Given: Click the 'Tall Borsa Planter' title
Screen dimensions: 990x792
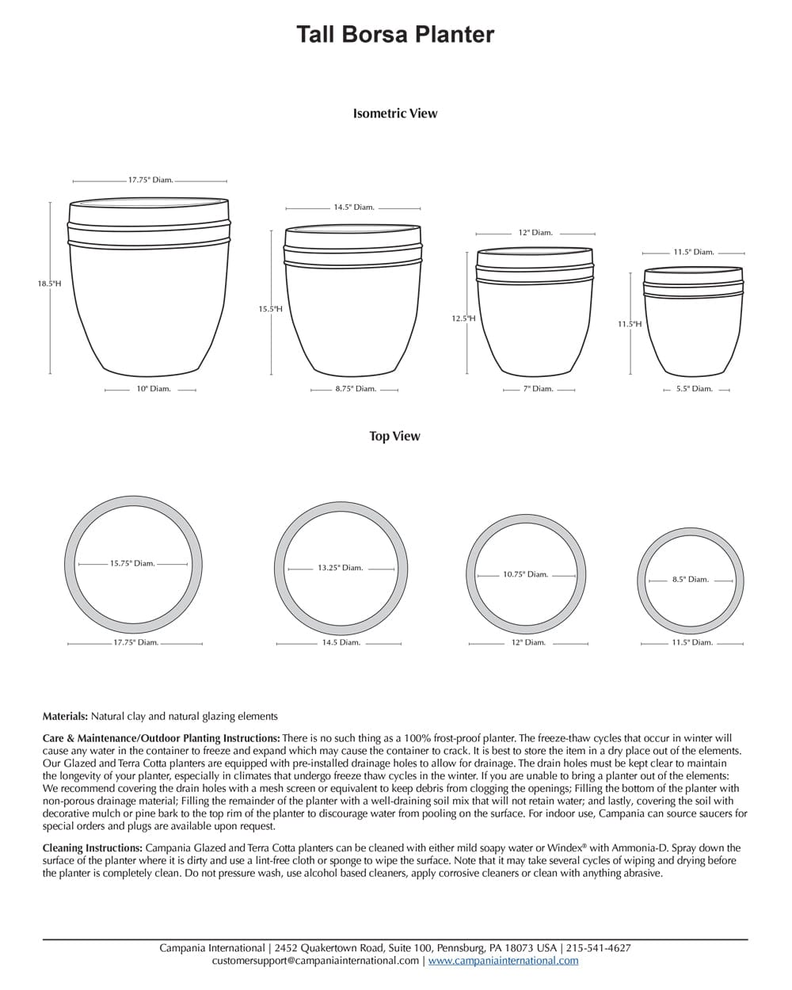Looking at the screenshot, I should (x=395, y=34).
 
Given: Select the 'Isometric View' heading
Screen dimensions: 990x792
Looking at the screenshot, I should (x=395, y=113).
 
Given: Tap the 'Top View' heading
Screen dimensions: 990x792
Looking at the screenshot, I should (x=394, y=436).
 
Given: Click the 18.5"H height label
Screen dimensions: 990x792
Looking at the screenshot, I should (x=49, y=283).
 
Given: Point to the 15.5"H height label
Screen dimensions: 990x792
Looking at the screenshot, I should (x=270, y=309).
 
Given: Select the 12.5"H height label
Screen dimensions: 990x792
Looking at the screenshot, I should (x=463, y=318).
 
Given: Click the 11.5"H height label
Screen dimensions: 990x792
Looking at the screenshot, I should (x=630, y=324).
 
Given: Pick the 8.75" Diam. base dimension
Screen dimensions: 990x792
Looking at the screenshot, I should (x=356, y=389).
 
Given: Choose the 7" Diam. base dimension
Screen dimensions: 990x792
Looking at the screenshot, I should (x=538, y=389).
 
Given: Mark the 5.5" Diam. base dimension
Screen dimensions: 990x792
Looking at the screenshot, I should (x=694, y=389).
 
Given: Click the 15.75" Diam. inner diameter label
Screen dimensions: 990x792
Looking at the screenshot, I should (x=132, y=564).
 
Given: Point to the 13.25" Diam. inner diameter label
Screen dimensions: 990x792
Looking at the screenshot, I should (x=340, y=568).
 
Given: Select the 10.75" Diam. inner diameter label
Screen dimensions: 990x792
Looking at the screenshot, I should (x=526, y=574).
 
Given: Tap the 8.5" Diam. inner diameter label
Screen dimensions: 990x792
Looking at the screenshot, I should (x=690, y=580).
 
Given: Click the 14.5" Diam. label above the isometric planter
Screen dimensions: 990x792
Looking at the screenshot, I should (x=353, y=208).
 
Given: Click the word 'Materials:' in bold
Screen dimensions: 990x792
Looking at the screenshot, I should (x=65, y=716).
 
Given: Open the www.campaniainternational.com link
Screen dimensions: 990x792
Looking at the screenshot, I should (x=503, y=961).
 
